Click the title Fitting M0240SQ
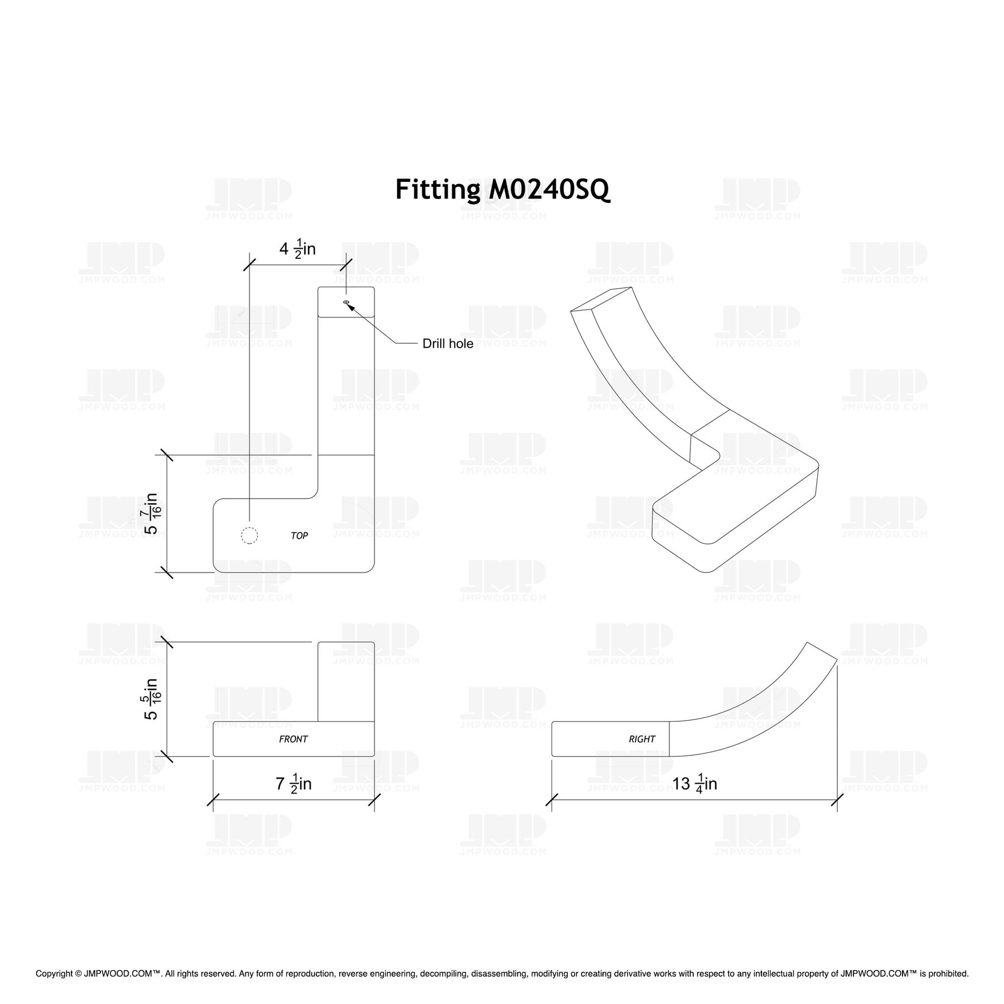[x=503, y=190]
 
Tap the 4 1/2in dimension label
[x=297, y=249]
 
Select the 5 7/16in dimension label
[x=153, y=514]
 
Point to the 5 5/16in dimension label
[x=153, y=699]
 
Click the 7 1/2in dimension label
[x=293, y=785]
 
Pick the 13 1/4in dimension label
[x=694, y=784]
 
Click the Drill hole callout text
[x=447, y=344]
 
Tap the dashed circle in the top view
[x=249, y=535]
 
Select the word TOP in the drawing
[x=300, y=535]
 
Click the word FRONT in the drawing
[x=293, y=739]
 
